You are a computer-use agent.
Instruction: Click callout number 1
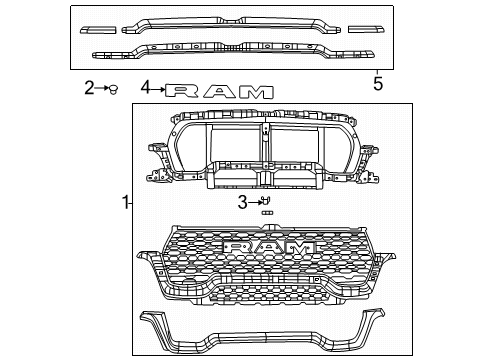pos(126,204)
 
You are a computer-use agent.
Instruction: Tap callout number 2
pos(88,88)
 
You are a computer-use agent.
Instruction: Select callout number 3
pos(243,204)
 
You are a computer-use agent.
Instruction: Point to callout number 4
pos(146,88)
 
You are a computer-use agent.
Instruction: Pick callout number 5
pos(377,84)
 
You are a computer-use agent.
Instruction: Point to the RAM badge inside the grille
pos(269,247)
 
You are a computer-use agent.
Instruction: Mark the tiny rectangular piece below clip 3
pos(267,213)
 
